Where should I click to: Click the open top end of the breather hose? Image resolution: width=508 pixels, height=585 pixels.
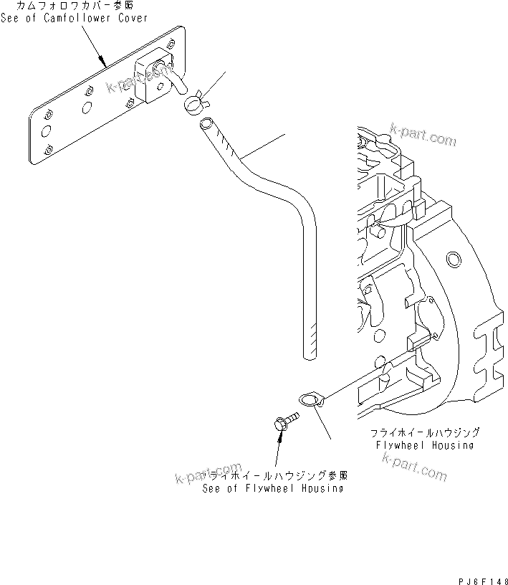[x=205, y=125]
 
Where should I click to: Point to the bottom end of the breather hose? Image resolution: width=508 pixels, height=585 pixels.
[x=308, y=353]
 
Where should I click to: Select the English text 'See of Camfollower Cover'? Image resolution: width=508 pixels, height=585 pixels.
[x=75, y=18]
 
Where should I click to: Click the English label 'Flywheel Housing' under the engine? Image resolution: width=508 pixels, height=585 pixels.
[x=425, y=445]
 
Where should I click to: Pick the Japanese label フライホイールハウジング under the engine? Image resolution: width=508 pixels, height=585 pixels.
[x=425, y=434]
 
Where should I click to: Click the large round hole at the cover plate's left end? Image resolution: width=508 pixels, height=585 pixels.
[x=45, y=130]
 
